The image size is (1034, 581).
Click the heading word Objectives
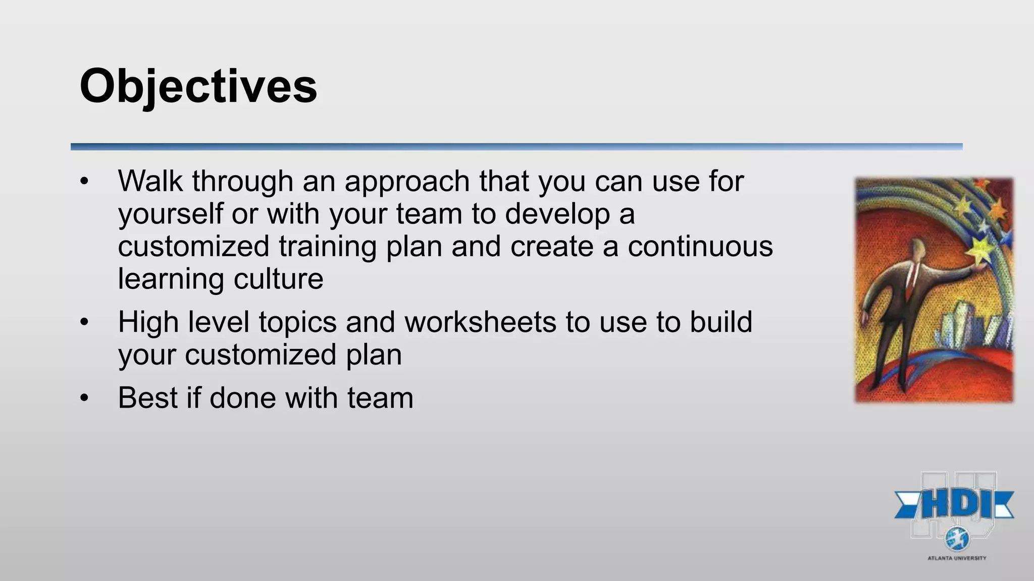198,87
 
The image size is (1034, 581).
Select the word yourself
170,214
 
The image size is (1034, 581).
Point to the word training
327,247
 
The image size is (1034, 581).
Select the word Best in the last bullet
147,398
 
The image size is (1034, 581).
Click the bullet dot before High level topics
84,322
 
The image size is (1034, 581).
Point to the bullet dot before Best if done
84,398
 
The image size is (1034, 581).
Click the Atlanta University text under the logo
956,558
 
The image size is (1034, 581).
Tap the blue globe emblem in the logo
957,539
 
